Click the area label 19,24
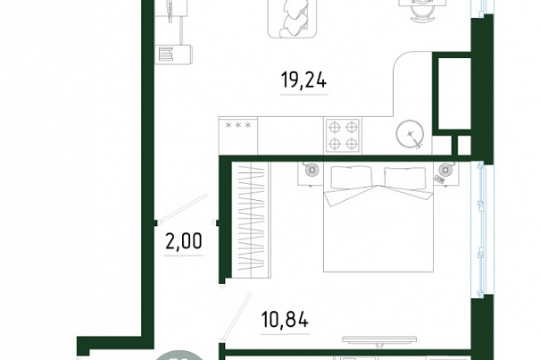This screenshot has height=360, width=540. click(303, 80)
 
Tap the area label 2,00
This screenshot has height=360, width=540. click(184, 240)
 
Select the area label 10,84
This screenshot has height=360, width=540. click(285, 319)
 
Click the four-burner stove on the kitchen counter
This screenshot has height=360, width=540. click(343, 136)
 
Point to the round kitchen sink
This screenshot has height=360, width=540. click(410, 134)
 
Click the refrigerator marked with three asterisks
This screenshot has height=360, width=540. click(238, 136)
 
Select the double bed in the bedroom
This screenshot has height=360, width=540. click(378, 216)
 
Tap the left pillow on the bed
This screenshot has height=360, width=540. click(352, 177)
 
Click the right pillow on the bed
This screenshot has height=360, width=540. click(404, 178)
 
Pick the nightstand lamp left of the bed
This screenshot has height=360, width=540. click(312, 170)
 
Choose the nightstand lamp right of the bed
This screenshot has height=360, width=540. click(445, 170)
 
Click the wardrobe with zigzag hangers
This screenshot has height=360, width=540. click(252, 220)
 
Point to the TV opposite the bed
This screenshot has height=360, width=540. click(380, 340)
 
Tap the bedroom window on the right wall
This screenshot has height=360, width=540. click(482, 230)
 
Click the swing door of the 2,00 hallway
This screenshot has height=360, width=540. click(183, 207)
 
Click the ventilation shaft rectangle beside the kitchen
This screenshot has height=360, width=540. click(454, 94)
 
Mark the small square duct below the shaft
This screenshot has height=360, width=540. click(464, 146)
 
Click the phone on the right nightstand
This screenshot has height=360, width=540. click(440, 179)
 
